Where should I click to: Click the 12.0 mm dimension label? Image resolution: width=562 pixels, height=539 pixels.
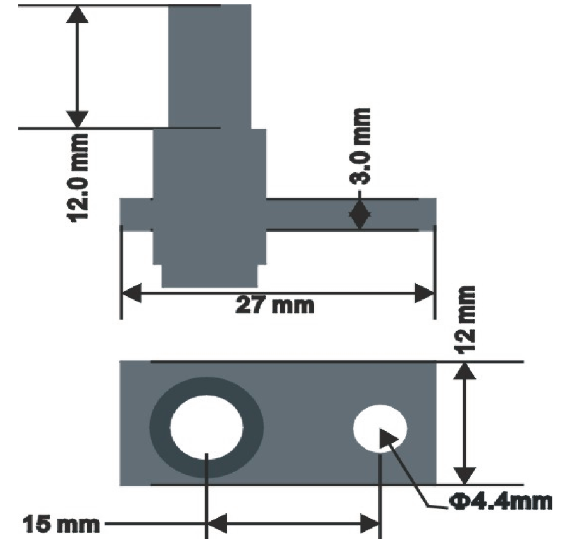pyautogui.click(x=78, y=178)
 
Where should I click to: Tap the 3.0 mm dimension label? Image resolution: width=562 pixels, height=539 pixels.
pyautogui.click(x=360, y=146)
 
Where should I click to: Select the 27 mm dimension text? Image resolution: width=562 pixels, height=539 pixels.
pyautogui.click(x=275, y=305)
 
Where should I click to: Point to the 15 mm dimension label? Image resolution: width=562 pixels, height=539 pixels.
pyautogui.click(x=61, y=524)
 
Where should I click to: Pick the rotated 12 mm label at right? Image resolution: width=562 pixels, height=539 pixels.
pyautogui.click(x=465, y=320)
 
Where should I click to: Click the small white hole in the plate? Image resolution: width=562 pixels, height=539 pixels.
pyautogui.click(x=380, y=428)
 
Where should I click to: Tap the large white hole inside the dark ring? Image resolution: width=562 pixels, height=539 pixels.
pyautogui.click(x=206, y=427)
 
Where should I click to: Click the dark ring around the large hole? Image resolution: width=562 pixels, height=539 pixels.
pyautogui.click(x=160, y=427)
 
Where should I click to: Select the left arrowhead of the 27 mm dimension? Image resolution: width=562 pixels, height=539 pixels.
pyautogui.click(x=132, y=293)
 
